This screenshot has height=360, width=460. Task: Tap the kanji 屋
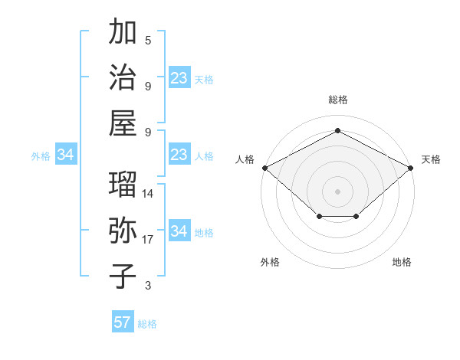click(123, 123)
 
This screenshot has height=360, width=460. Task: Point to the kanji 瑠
click(123, 184)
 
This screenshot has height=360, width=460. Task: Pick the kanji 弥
click(123, 230)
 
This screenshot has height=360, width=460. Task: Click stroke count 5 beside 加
click(148, 40)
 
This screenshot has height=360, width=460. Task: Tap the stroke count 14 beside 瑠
click(148, 193)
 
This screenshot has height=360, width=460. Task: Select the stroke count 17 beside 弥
click(148, 240)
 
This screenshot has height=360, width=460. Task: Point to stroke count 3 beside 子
click(148, 286)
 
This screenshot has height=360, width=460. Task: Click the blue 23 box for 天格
click(179, 78)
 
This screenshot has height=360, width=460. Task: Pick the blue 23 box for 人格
click(179, 155)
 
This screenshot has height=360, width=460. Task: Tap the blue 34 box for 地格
click(179, 231)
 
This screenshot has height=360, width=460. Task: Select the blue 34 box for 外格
click(66, 155)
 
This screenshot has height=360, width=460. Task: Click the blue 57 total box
click(123, 322)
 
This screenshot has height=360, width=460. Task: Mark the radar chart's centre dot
click(337, 191)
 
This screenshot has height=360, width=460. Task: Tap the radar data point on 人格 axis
click(264, 167)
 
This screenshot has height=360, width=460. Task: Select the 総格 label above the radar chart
click(338, 100)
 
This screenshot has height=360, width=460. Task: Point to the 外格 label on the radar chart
click(270, 262)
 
